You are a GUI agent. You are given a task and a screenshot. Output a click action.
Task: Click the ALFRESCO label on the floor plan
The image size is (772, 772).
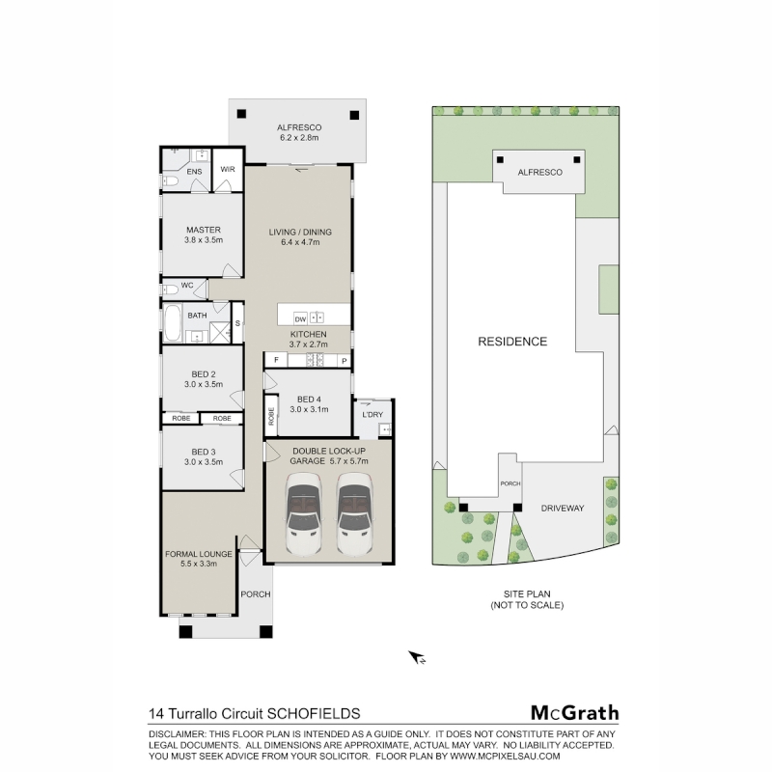tap(299, 127)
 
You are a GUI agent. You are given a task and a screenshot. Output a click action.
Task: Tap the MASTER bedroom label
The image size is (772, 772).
tap(204, 230)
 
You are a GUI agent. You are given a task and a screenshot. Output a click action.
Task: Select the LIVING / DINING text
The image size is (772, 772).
tap(300, 232)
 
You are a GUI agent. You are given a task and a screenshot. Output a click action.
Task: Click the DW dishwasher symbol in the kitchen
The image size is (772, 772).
tap(300, 319)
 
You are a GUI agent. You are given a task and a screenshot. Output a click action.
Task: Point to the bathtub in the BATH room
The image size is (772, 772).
tap(173, 323)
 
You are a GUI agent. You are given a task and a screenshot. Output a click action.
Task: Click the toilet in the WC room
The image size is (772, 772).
tap(171, 289)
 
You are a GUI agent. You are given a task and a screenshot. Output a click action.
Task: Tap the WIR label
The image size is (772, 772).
tap(228, 170)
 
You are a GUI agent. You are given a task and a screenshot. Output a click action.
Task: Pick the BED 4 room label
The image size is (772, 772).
tap(309, 400)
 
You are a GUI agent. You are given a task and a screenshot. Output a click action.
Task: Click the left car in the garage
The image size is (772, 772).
tap(304, 513)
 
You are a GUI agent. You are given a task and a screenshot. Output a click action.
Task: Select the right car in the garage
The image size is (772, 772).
tap(354, 513)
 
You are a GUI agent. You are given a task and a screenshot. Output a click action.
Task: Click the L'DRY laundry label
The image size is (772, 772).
tap(372, 415)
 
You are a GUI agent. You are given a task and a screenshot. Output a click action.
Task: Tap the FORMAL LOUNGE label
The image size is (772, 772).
tap(199, 554)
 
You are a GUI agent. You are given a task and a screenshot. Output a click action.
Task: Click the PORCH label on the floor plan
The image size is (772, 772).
tap(256, 594)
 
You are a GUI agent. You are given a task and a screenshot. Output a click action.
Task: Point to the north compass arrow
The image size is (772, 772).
tap(416, 657)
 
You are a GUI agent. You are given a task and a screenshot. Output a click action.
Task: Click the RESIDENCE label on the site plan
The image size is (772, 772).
tap(512, 342)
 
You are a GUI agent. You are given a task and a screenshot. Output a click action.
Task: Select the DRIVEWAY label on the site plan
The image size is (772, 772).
tap(563, 509)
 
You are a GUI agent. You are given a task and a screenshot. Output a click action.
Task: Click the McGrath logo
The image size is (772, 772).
tap(574, 712)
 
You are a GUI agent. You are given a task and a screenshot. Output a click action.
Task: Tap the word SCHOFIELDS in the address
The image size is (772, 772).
tap(314, 713)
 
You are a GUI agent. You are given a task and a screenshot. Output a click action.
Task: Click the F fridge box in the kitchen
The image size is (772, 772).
tap(276, 360)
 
